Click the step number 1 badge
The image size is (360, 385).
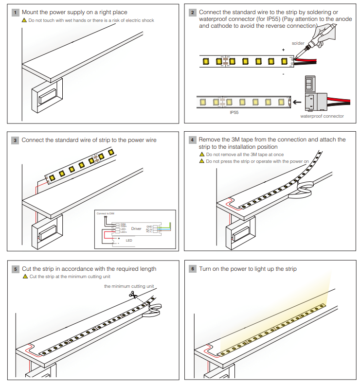[16, 12]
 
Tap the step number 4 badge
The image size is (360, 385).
[193, 140]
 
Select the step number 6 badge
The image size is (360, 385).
[193, 268]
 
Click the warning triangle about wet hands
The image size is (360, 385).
[24, 20]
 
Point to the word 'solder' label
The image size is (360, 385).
[298, 43]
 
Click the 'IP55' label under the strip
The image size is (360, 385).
[234, 112]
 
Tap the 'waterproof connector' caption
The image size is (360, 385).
[322, 116]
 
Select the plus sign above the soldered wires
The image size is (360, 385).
[283, 50]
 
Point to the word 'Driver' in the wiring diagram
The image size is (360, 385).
[136, 228]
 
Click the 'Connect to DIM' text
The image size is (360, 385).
[106, 213]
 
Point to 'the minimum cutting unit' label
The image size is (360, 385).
[129, 286]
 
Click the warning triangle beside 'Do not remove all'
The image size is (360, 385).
[202, 154]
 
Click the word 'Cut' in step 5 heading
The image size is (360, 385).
[26, 268]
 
